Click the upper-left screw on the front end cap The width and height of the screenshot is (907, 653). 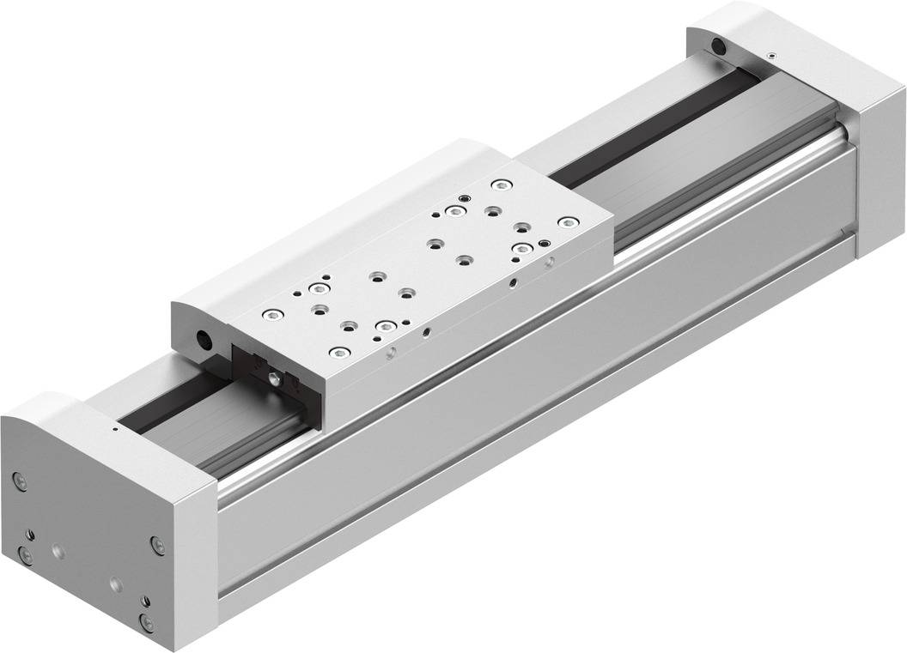(21, 482)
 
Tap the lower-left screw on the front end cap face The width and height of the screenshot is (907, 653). (27, 556)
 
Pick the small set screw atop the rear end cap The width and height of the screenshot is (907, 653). (771, 55)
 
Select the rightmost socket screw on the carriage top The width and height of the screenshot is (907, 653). (566, 223)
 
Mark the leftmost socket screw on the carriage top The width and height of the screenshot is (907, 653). (272, 312)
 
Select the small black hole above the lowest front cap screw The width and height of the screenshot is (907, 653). (144, 602)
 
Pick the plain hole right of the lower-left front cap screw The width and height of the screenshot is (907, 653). (58, 548)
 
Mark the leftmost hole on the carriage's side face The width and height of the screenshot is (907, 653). (391, 351)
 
